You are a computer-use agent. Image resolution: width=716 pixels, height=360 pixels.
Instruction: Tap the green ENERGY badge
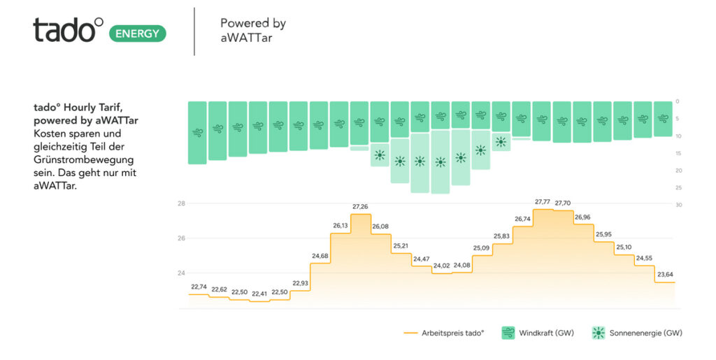pos(138,33)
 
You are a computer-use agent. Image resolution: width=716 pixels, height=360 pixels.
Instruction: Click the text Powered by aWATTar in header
pos(252,31)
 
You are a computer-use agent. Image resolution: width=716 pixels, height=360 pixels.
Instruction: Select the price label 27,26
pos(360,207)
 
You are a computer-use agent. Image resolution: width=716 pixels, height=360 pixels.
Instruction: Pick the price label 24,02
pos(441,266)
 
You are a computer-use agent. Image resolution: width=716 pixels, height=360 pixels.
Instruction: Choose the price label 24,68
pos(320,256)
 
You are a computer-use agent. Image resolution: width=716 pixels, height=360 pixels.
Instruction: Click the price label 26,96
pos(582,217)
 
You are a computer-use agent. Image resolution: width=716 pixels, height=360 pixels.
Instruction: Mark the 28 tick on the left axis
pos(180,203)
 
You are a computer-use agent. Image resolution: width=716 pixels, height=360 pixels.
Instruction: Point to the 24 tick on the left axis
pos(180,273)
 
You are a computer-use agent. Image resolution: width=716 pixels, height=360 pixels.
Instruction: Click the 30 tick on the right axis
pos(678,204)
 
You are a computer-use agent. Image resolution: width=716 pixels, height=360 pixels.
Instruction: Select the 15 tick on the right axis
pos(678,153)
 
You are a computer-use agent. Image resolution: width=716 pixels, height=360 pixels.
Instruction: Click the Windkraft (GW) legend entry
pos(538,333)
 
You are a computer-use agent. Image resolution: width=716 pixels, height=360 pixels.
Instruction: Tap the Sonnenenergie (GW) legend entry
pos(637,333)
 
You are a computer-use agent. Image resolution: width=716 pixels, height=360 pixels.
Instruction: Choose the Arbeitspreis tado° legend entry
pos(444,333)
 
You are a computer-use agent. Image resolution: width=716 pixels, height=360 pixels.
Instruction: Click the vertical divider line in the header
pos(194,31)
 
